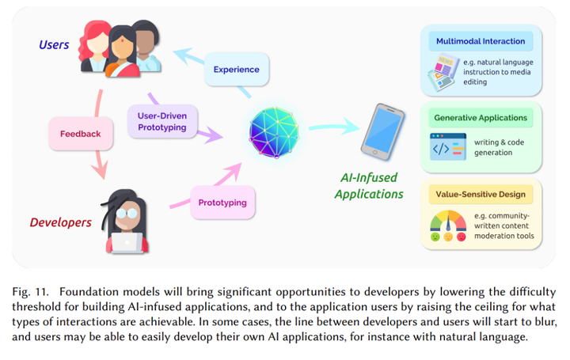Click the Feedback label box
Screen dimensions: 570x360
pyautogui.click(x=80, y=133)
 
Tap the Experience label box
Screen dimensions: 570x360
pyautogui.click(x=236, y=70)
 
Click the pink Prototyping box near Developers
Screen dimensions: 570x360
pyautogui.click(x=222, y=202)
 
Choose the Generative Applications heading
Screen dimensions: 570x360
pyautogui.click(x=481, y=118)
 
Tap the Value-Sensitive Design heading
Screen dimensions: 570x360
pyautogui.click(x=481, y=193)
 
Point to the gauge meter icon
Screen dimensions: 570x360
pyautogui.click(x=448, y=224)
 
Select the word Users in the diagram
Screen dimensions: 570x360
pyautogui.click(x=55, y=45)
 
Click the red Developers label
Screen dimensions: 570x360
pyautogui.click(x=62, y=222)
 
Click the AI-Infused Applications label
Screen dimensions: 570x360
pyautogui.click(x=369, y=186)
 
